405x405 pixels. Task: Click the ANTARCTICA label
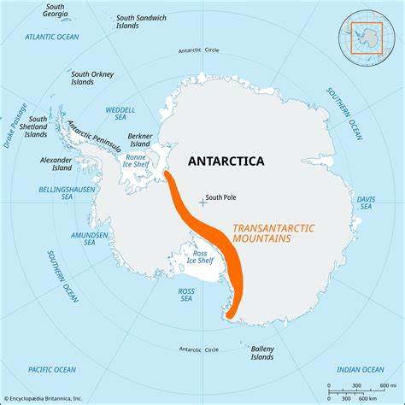click(x=226, y=161)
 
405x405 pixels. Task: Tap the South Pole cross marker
click(x=202, y=202)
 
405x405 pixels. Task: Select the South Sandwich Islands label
click(x=144, y=22)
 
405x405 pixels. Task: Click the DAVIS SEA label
click(x=366, y=202)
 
